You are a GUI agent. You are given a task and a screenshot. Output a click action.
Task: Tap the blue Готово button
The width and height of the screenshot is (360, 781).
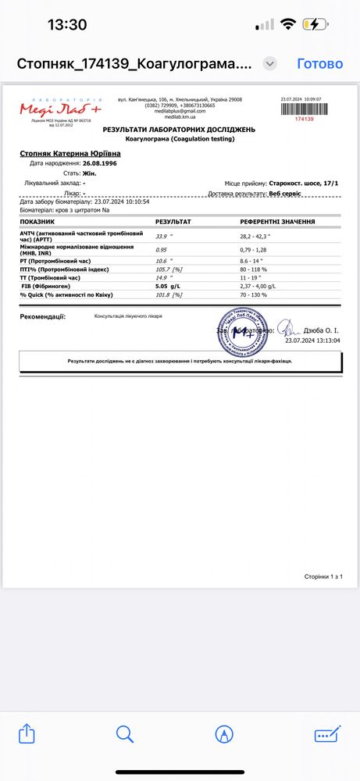point(319,63)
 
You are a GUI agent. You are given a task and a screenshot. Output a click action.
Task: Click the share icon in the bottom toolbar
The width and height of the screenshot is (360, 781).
point(27,734)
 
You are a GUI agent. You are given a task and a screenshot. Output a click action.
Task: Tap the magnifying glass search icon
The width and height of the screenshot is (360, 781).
point(126,734)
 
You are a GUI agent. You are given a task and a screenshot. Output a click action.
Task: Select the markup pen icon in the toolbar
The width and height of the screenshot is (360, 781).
point(225,734)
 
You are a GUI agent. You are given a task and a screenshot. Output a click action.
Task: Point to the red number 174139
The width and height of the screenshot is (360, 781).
point(302,119)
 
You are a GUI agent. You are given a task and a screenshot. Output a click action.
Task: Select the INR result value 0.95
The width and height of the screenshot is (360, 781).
point(162,250)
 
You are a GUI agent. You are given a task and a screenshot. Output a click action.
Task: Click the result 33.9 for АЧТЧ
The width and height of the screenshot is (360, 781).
point(162,235)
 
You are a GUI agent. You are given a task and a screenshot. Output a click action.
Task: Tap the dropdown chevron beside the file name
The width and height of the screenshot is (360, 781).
point(270,63)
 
